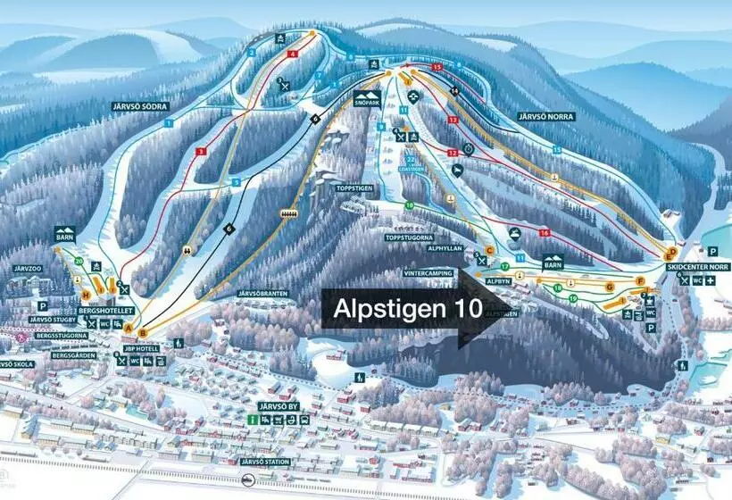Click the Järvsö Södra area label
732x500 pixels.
point(138,105)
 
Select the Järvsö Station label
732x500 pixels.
point(266,462)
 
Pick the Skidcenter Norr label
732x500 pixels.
point(696,267)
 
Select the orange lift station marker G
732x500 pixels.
point(609,287)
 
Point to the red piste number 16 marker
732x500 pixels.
point(544,232)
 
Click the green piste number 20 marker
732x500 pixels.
point(79,261)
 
